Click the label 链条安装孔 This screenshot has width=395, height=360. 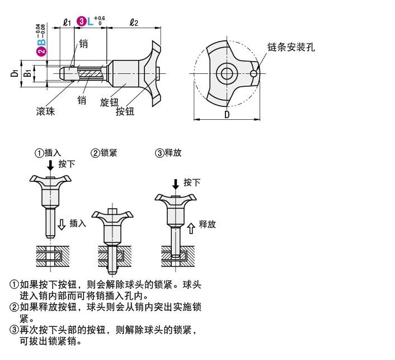[291, 48]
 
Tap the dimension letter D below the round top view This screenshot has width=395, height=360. [227, 114]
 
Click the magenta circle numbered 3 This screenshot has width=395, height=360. [82, 21]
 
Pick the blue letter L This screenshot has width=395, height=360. [91, 21]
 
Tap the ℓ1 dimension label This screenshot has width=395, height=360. [67, 22]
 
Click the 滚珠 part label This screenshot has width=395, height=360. [45, 111]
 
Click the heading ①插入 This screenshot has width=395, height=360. [48, 152]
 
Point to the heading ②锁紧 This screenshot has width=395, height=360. [104, 152]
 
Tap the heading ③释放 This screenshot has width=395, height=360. [168, 152]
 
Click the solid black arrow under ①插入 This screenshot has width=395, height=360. [50, 165]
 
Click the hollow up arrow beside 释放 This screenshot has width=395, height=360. [191, 226]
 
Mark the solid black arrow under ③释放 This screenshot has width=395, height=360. [176, 184]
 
